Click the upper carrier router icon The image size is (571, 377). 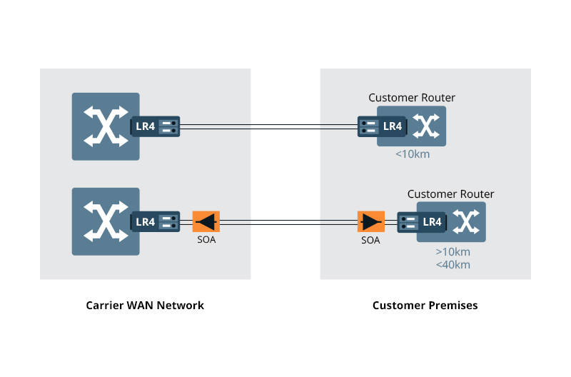tap(106, 126)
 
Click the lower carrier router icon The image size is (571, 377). tap(106, 221)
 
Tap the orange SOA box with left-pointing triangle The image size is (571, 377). tap(206, 221)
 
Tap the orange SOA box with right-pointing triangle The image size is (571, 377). tap(370, 221)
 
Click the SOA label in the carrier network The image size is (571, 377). tap(206, 241)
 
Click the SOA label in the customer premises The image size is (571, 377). tap(370, 241)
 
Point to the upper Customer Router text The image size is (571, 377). tap(411, 98)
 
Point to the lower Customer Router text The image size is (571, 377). tap(450, 194)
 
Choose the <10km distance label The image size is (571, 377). tap(412, 154)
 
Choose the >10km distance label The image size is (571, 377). tap(453, 252)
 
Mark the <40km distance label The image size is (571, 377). tap(453, 265)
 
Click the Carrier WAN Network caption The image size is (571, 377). tap(145, 305)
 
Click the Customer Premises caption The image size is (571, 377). tap(425, 305)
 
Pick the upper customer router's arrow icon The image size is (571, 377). tap(426, 127)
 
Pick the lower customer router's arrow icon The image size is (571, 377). tap(465, 222)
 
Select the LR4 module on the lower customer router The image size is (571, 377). tap(421, 222)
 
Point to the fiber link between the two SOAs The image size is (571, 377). tap(288, 222)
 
